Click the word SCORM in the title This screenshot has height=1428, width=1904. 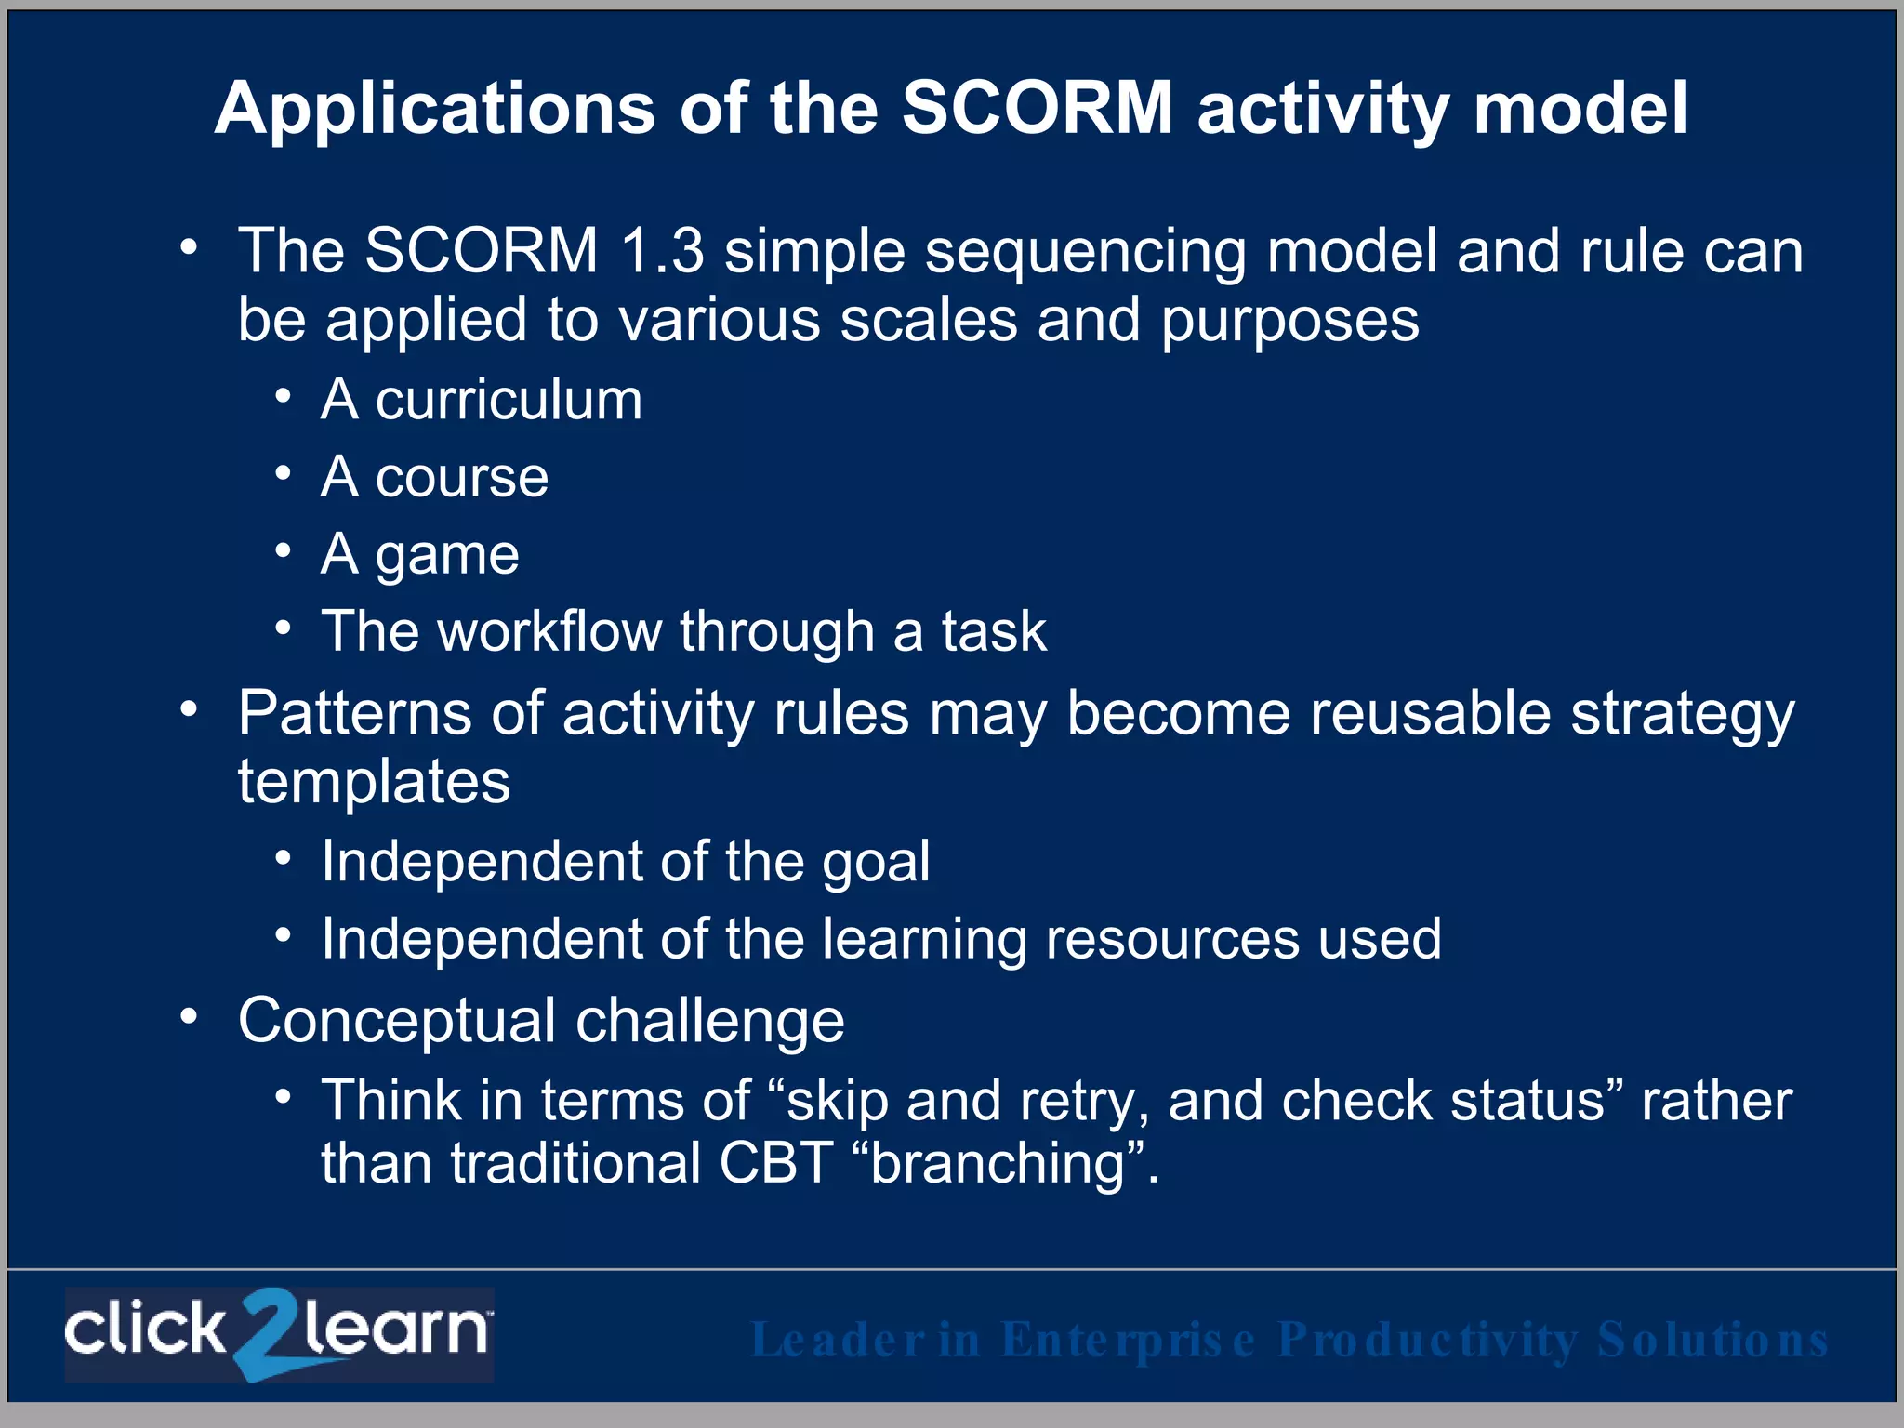click(1038, 108)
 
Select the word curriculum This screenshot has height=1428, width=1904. click(509, 401)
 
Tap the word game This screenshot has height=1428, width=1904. click(447, 557)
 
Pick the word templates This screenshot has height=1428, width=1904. click(374, 781)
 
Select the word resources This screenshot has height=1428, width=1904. click(1172, 939)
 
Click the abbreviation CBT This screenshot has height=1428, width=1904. click(775, 1164)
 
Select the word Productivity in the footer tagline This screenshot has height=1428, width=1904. click(1427, 1340)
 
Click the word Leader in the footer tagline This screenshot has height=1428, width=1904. click(838, 1340)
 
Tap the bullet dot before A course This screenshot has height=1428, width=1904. click(284, 474)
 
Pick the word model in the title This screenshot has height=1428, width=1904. click(1580, 108)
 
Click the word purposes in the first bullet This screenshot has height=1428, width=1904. click(1289, 322)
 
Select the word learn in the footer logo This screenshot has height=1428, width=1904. click(396, 1329)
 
